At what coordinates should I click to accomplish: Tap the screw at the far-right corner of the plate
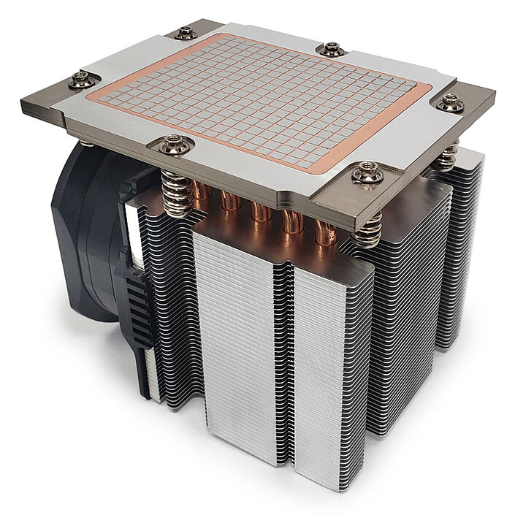[x=450, y=103]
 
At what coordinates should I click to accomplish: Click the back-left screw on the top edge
[x=186, y=32]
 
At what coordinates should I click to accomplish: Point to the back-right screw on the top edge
[x=332, y=49]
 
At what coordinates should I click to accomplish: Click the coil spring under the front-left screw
[x=174, y=191]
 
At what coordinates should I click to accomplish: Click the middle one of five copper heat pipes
[x=260, y=216]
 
